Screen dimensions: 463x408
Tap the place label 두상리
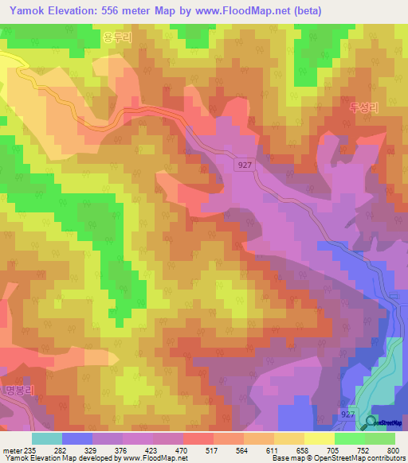[363, 107]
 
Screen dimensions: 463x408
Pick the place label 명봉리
[15, 391]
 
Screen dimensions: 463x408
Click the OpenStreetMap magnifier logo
[371, 422]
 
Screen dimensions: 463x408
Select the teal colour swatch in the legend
[47, 438]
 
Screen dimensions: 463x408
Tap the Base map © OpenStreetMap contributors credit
[338, 458]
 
